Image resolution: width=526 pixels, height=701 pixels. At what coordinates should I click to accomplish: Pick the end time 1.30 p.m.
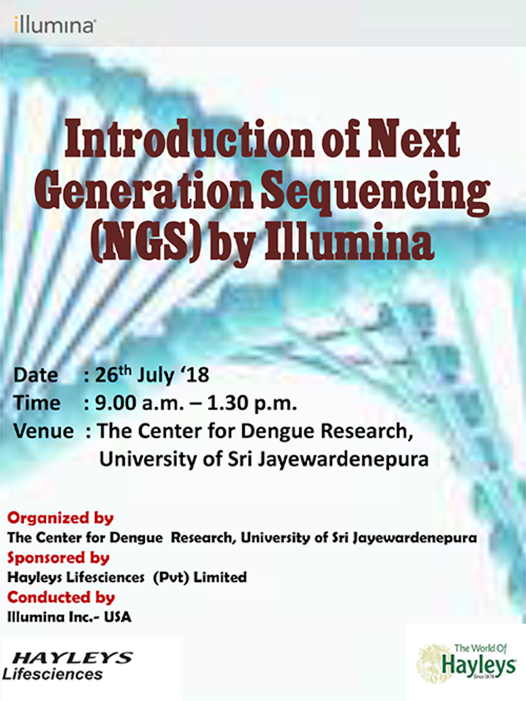pos(252,404)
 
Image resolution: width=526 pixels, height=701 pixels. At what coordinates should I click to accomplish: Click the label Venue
pos(44,431)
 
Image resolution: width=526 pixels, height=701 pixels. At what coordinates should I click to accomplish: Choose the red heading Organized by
pos(60,518)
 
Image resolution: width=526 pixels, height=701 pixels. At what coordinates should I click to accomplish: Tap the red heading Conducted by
pos(61,598)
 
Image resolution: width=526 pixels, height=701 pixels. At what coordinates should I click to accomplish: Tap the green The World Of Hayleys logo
pos(466,664)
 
